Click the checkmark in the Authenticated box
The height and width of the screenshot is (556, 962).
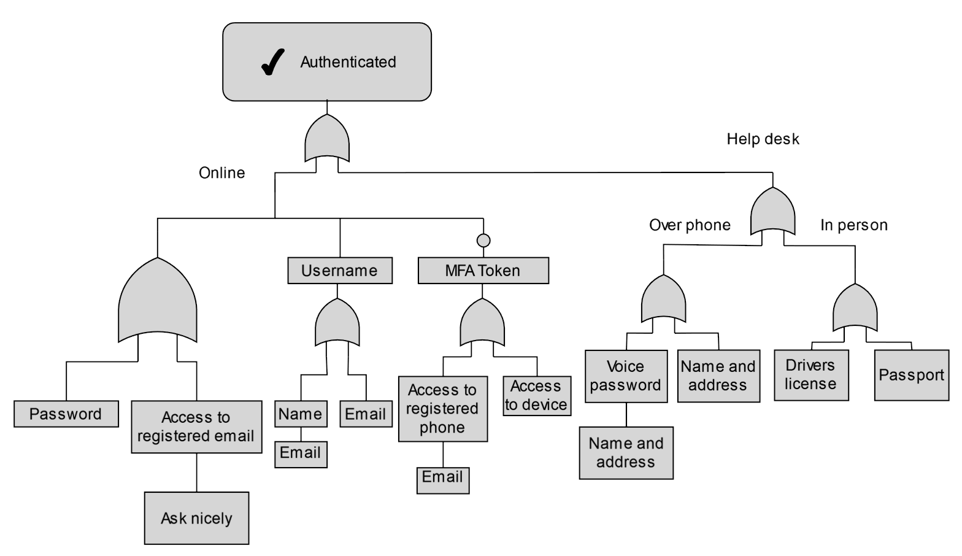272,62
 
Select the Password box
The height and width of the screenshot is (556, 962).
66,414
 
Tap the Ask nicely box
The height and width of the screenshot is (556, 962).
196,518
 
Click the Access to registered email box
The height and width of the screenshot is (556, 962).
196,427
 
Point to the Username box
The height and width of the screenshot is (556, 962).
340,271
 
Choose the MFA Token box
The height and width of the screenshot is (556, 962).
483,271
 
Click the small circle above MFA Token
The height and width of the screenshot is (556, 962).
483,241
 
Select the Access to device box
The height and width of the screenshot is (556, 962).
537,396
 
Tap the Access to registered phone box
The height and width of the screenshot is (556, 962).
442,409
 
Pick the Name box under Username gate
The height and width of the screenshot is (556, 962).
301,414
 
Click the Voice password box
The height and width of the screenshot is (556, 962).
626,376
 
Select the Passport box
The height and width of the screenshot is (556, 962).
911,375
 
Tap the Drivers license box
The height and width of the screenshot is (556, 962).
811,375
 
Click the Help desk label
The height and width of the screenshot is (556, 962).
763,139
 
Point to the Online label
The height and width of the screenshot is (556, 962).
221,173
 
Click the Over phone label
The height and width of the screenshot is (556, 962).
690,225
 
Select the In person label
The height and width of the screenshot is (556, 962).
853,225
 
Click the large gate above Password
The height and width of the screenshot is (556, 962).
158,301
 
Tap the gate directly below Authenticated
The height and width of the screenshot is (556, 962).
327,139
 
